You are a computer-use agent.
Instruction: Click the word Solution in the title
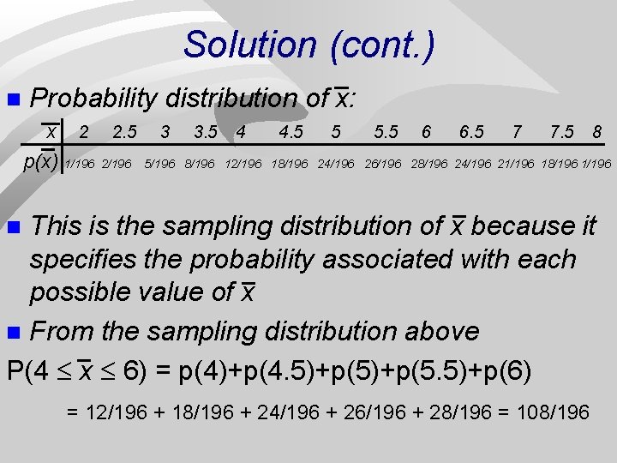[249, 45]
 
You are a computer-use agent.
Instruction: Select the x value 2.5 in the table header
[124, 133]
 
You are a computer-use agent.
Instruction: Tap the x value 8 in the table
[596, 133]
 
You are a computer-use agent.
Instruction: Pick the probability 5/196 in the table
[160, 164]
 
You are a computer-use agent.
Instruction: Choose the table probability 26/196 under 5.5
[383, 164]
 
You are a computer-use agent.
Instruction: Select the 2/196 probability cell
[117, 164]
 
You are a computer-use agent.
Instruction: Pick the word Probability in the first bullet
[93, 99]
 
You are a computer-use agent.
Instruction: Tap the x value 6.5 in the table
[470, 133]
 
